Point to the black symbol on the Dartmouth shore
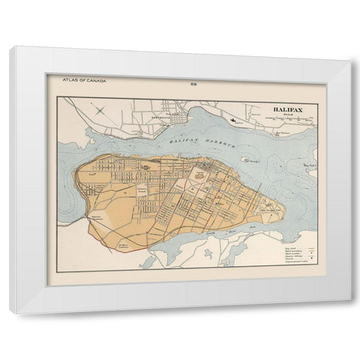pos(235,120)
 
